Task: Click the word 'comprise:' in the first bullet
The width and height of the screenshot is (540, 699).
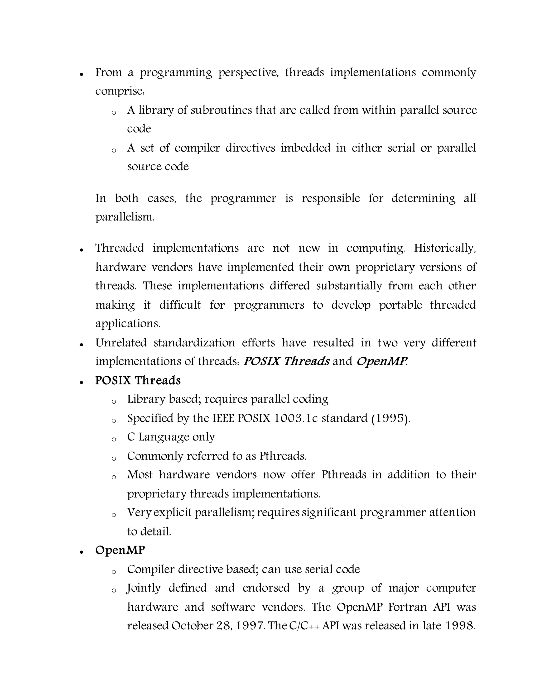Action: [120, 91]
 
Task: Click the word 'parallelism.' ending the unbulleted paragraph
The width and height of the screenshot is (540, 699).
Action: [125, 217]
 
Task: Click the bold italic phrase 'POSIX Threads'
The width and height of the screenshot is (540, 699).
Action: [286, 361]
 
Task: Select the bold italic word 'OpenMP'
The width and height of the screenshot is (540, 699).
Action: [382, 361]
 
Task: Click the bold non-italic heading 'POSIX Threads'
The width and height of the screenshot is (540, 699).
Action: [138, 380]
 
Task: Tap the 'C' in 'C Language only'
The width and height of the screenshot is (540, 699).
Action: [131, 437]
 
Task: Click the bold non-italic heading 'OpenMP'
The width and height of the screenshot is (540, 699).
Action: [120, 550]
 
